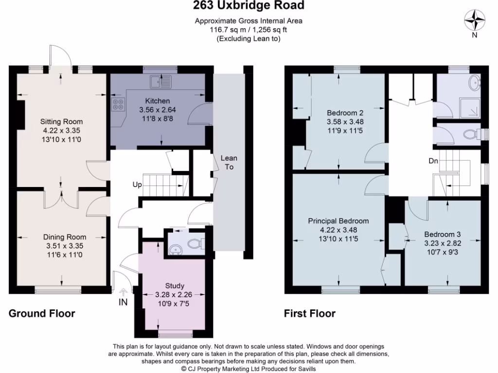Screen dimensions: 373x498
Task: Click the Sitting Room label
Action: [61, 121]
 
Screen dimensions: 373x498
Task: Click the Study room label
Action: [175, 286]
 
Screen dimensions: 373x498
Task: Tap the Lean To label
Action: [229, 162]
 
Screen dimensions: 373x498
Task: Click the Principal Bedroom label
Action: [338, 220]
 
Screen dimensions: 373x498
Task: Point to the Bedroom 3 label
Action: [442, 234]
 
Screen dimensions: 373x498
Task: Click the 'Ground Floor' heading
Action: [42, 313]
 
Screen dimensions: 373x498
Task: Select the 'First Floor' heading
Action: [310, 313]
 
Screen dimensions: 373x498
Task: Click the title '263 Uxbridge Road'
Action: [249, 6]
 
